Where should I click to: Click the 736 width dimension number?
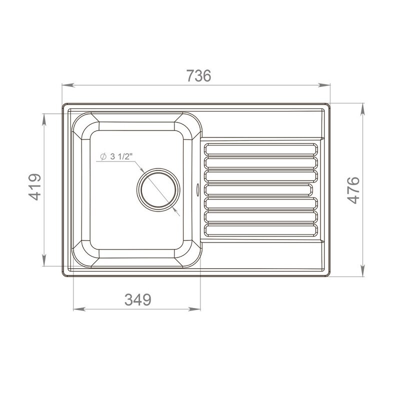click(199, 76)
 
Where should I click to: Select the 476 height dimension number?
click(353, 190)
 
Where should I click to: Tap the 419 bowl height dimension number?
click(34, 187)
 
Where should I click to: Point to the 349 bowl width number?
click(138, 299)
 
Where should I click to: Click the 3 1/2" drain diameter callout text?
click(122, 156)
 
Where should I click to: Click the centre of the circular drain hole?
click(158, 190)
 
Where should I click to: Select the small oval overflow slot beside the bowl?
click(197, 190)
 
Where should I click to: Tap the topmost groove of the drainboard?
click(260, 149)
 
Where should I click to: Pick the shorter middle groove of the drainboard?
click(258, 190)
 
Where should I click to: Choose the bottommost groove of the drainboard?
click(260, 230)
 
